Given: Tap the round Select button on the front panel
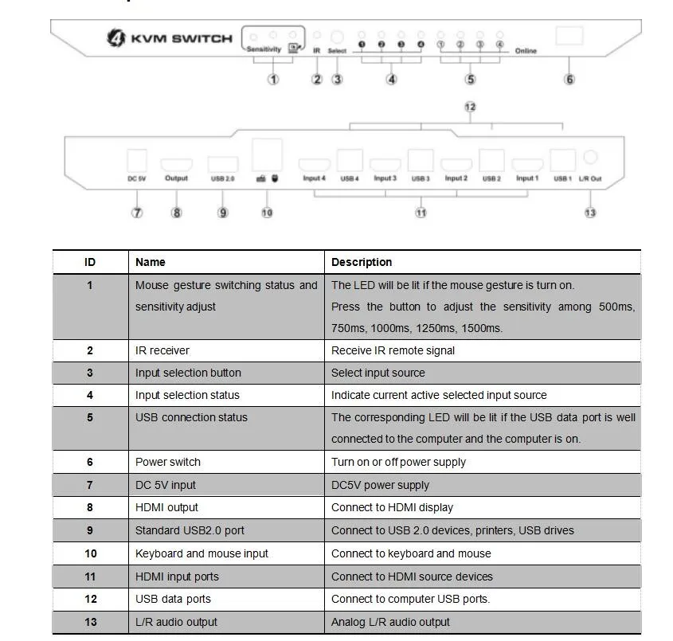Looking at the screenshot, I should point(337,37).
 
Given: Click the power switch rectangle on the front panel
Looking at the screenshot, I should point(569,36).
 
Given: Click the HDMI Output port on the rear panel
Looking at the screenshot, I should point(176,165).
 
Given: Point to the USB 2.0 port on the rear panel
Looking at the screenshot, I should point(222,165).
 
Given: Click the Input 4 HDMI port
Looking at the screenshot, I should point(314,166).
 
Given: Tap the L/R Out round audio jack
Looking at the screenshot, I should point(590,159).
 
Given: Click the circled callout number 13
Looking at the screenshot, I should point(590,213).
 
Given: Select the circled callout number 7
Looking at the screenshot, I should point(137,213).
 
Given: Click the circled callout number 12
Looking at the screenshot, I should point(470,107).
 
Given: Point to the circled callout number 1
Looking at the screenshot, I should point(273,79).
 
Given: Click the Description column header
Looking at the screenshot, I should point(362,262).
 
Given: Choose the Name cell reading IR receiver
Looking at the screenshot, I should point(162,350).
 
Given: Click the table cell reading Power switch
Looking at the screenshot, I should point(168,462).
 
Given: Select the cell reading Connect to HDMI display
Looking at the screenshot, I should point(392,507).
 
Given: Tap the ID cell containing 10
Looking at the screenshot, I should point(90,553).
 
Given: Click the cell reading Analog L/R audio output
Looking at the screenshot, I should point(390,622).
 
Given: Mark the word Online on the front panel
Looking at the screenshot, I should point(526,51).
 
